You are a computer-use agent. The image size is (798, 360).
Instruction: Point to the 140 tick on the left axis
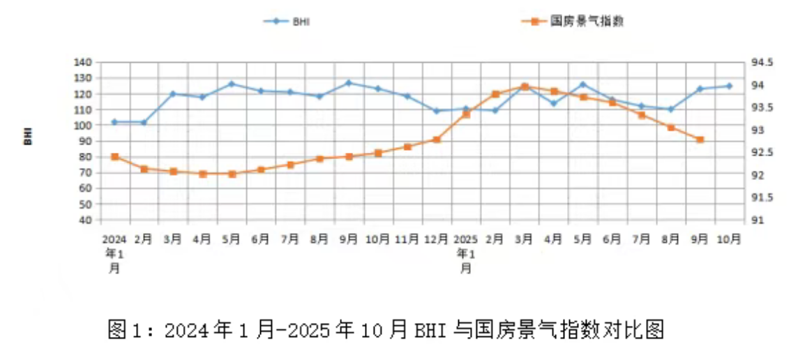click(x=83, y=62)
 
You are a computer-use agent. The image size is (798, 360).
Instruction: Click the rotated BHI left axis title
click(x=28, y=137)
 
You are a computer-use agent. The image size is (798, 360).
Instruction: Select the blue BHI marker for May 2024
click(x=232, y=84)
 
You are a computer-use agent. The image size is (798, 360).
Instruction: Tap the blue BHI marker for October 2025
click(x=729, y=87)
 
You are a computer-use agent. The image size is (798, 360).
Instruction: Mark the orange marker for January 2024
click(x=115, y=157)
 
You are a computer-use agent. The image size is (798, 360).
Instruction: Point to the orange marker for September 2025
click(x=700, y=140)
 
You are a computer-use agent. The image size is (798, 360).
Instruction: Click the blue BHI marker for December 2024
click(x=437, y=111)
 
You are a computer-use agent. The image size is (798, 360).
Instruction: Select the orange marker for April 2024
click(x=202, y=174)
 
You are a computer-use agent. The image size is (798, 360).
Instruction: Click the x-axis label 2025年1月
click(x=465, y=252)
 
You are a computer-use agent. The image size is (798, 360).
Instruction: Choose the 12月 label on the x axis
click(x=436, y=239)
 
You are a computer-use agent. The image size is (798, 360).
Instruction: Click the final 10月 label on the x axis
click(x=729, y=239)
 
